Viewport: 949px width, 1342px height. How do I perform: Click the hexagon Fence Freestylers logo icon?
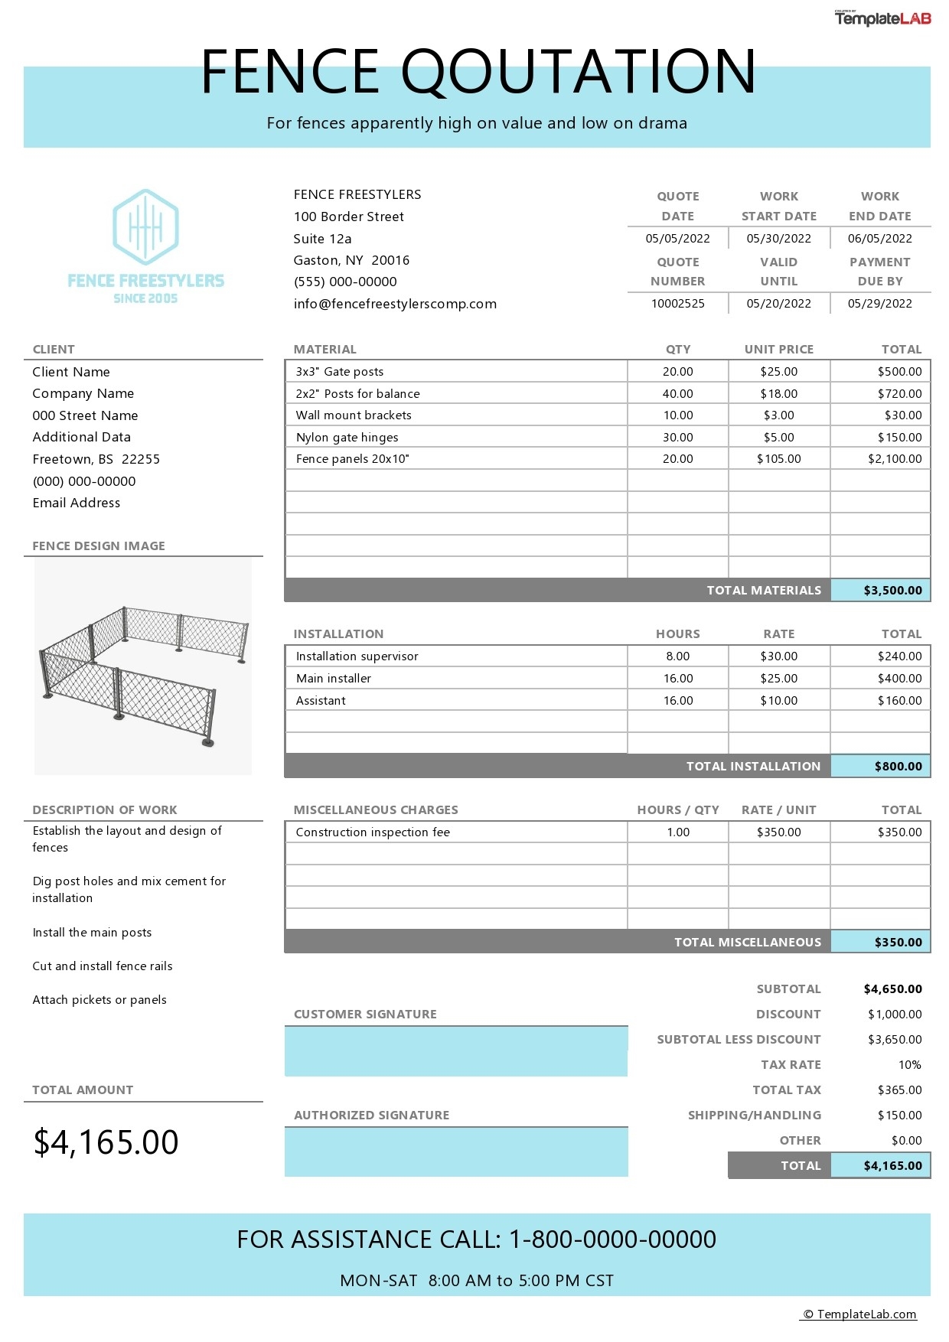point(145,227)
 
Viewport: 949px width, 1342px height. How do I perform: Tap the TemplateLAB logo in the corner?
point(882,18)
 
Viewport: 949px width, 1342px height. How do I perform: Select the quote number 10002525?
point(677,304)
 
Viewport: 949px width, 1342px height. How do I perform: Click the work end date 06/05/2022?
point(879,239)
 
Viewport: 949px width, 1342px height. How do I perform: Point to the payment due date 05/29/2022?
point(879,304)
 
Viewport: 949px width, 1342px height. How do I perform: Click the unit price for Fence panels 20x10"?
point(778,459)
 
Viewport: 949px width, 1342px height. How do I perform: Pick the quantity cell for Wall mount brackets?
point(677,415)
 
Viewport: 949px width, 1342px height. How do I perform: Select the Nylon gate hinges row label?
point(347,438)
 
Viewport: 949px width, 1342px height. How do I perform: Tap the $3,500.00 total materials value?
point(892,591)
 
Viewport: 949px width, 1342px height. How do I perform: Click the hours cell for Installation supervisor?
point(677,656)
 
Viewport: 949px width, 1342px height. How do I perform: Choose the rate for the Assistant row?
point(778,701)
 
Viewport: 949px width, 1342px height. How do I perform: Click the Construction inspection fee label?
point(373,832)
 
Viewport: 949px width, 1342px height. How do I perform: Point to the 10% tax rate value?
point(909,1065)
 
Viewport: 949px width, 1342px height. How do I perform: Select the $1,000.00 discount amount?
point(894,1015)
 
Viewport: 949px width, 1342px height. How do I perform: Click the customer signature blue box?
point(456,1051)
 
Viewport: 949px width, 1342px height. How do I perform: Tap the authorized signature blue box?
point(456,1152)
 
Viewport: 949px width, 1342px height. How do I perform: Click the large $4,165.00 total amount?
point(106,1142)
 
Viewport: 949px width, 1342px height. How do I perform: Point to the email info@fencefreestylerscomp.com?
point(395,304)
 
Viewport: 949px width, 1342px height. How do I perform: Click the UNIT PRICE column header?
point(778,350)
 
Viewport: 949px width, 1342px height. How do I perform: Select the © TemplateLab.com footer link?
point(859,1314)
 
